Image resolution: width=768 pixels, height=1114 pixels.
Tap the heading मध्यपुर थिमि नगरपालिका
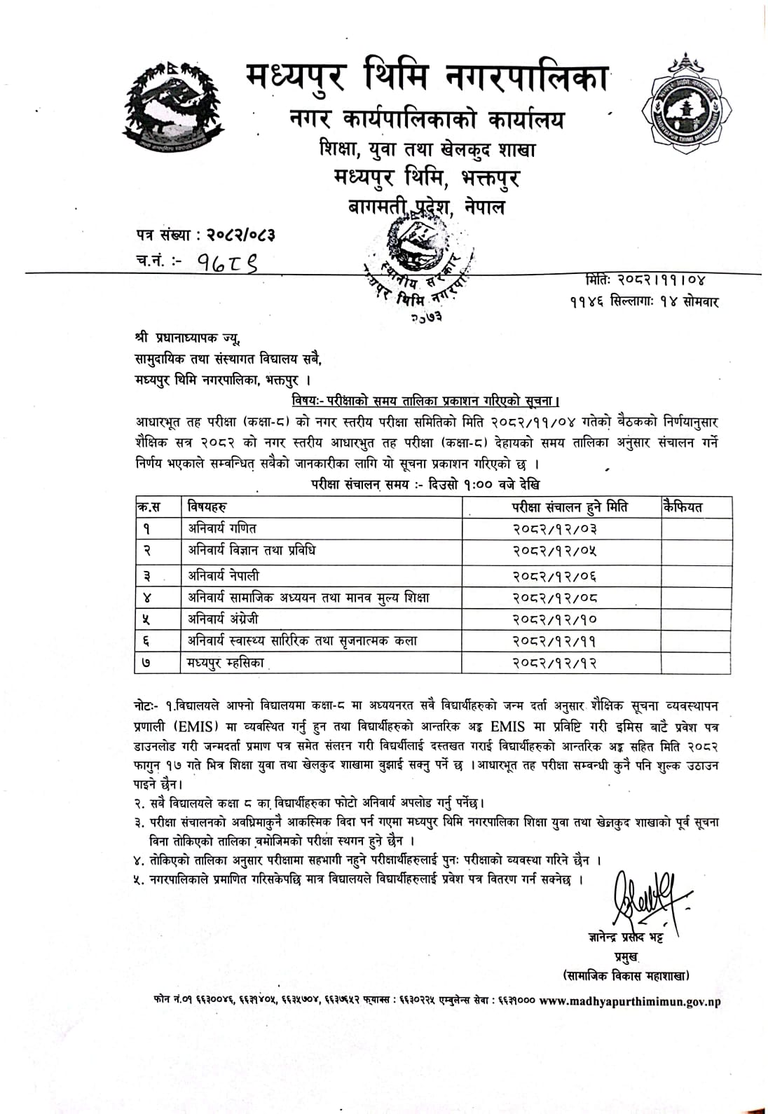(427, 79)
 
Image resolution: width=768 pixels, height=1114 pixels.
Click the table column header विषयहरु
(208, 507)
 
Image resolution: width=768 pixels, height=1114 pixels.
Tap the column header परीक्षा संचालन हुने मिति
(569, 507)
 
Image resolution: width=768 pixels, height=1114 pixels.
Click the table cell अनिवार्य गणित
(222, 528)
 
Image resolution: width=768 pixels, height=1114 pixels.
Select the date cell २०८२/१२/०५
(555, 551)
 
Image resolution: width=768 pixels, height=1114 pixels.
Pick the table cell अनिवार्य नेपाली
(224, 575)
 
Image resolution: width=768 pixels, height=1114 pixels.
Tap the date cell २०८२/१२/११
(555, 641)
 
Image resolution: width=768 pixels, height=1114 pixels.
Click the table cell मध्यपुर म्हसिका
(226, 662)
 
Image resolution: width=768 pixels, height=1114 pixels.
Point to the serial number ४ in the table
(147, 598)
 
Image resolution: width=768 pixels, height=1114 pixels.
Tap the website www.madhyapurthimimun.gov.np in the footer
(630, 1001)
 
